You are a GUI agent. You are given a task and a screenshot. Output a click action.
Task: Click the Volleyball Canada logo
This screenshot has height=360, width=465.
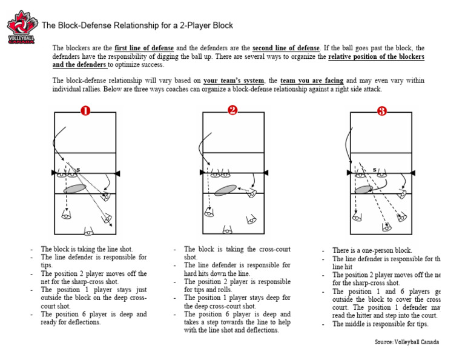click(x=22, y=27)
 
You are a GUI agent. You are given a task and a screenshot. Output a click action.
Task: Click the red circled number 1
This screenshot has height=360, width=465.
click(x=85, y=111)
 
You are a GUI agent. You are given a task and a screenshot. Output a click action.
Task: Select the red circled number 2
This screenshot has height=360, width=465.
click(x=233, y=110)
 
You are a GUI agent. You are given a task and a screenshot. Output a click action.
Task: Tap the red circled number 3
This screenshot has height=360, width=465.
click(x=381, y=111)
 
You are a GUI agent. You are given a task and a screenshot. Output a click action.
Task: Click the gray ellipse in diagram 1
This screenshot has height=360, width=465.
click(x=75, y=188)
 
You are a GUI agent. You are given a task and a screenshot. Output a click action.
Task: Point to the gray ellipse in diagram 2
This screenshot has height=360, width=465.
click(x=225, y=190)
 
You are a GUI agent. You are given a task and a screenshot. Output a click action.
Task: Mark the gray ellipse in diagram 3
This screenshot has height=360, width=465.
click(x=364, y=190)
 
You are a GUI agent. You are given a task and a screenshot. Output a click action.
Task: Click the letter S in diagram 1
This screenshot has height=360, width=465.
click(x=78, y=169)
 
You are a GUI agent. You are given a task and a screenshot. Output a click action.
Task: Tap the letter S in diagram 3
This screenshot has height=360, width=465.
click(x=374, y=170)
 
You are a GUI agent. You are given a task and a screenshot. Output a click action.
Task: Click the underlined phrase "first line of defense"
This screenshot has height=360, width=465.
click(x=143, y=48)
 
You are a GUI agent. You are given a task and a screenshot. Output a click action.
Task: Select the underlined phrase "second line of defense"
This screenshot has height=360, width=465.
click(x=285, y=48)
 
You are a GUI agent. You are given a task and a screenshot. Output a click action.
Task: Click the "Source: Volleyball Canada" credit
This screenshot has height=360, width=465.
click(x=407, y=342)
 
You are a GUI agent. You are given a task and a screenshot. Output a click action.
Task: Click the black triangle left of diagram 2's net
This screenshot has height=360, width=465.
click(x=200, y=174)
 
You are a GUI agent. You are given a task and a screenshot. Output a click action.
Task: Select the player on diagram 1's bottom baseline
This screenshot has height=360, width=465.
click(x=89, y=231)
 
